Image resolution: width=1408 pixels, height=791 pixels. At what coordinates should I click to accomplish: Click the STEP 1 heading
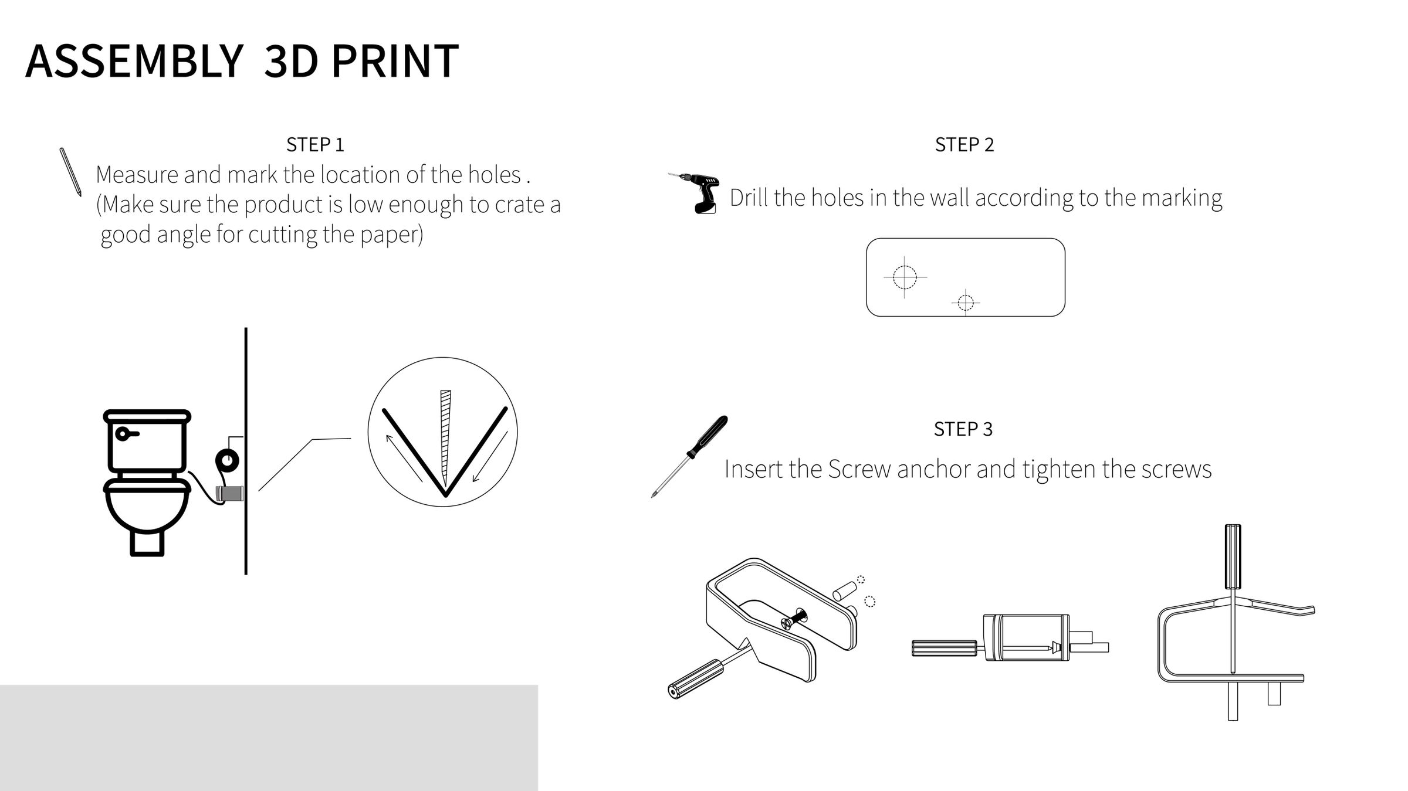pyautogui.click(x=315, y=145)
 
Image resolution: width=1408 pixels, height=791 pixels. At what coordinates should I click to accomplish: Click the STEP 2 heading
pyautogui.click(x=964, y=145)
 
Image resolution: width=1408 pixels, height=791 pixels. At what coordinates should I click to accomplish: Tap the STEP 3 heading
pyautogui.click(x=963, y=429)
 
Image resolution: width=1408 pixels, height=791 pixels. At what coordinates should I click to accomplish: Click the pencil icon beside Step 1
pyautogui.click(x=70, y=171)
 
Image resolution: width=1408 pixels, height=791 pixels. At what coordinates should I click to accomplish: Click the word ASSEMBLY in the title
pyautogui.click(x=134, y=61)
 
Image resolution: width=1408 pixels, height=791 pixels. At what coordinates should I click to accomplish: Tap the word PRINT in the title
pyautogui.click(x=395, y=61)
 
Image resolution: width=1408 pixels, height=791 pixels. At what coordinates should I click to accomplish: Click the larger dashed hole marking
pyautogui.click(x=904, y=277)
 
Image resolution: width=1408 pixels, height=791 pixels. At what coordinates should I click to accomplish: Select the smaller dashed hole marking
pyautogui.click(x=965, y=303)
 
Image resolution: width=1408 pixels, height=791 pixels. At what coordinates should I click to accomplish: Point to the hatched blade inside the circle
pyautogui.click(x=445, y=434)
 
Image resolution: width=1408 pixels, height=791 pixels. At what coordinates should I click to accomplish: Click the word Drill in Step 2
pyautogui.click(x=749, y=198)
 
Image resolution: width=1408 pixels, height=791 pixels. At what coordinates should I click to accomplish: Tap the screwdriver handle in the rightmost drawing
pyautogui.click(x=1232, y=556)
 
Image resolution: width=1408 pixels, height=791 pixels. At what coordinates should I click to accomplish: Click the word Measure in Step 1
pyautogui.click(x=137, y=175)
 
